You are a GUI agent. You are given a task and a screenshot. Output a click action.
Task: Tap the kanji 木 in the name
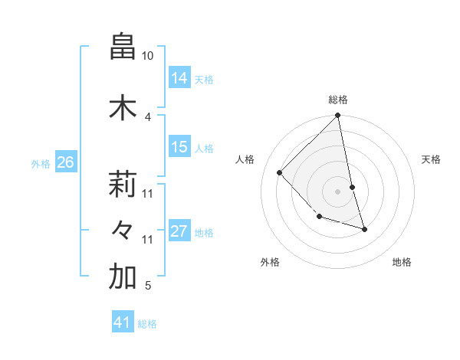click(x=123, y=108)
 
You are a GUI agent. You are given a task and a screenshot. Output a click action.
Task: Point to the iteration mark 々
click(x=123, y=230)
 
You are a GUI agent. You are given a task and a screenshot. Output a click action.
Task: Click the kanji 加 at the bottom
click(x=123, y=277)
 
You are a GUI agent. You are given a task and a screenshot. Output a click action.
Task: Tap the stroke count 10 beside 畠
click(x=148, y=56)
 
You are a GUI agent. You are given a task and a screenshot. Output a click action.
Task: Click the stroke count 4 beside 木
click(x=148, y=116)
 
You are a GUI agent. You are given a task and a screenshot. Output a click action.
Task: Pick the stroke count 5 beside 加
click(x=148, y=286)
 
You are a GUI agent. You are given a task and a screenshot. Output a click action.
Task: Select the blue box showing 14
click(x=179, y=77)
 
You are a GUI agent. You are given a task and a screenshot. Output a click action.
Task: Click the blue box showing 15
click(x=179, y=147)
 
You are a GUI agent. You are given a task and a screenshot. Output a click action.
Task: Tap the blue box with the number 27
click(x=179, y=231)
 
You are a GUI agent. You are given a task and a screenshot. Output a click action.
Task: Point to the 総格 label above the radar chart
click(x=338, y=100)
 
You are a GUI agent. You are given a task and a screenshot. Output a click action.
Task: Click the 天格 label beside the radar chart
click(x=431, y=159)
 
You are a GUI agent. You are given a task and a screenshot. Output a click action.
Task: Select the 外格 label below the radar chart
click(x=270, y=262)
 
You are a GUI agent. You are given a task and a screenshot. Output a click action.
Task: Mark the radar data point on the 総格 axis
click(x=338, y=116)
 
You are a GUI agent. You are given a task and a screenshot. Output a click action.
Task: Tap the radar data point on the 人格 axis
click(x=280, y=172)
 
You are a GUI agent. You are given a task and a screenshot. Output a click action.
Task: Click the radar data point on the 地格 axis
click(x=364, y=228)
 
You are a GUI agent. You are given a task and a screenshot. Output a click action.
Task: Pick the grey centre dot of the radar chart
click(x=338, y=191)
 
